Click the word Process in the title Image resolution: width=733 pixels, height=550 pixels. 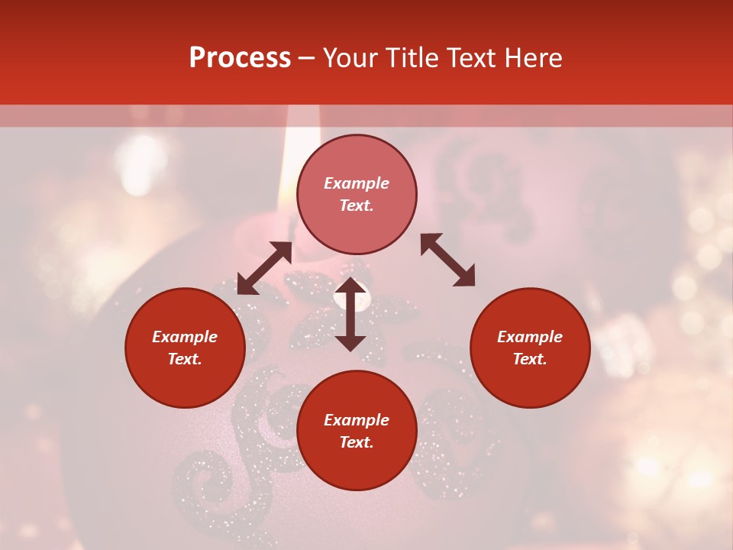(240, 58)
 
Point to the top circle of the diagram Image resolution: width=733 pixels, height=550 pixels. (357, 195)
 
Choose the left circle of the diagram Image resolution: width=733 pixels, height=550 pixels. (185, 348)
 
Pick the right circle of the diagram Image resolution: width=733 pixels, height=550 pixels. (530, 348)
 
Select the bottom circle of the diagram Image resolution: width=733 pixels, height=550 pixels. (357, 430)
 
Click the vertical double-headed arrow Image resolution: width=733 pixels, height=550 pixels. (350, 314)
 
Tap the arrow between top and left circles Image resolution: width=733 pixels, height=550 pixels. (264, 268)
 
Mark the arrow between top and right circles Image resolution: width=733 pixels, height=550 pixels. (447, 260)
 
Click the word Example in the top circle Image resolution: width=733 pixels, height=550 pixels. (357, 183)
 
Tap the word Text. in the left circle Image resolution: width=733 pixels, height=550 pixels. (185, 359)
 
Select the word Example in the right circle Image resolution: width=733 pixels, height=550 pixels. (530, 337)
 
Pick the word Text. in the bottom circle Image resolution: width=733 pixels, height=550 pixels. (357, 442)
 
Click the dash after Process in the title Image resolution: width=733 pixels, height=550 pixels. (307, 59)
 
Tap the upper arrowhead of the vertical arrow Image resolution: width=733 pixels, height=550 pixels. (350, 286)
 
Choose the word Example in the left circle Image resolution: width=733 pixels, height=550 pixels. (185, 337)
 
